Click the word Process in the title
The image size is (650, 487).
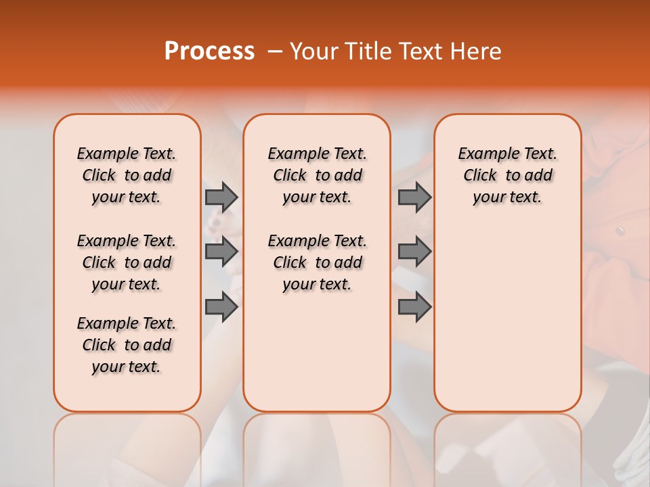point(209,51)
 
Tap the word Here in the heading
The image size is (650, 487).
point(477,51)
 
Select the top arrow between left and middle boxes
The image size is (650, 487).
point(221,198)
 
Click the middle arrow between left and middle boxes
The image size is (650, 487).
point(221,252)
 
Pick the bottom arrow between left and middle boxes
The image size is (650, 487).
point(221,307)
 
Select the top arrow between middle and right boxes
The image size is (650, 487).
point(414,198)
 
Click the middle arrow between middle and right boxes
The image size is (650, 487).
point(414,252)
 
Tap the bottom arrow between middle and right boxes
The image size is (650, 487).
point(414,307)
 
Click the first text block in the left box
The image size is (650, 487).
point(127,175)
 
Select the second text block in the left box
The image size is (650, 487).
point(127,262)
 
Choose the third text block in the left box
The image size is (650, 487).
point(127,345)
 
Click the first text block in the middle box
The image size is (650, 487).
point(317,175)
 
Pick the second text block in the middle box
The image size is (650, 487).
point(317,262)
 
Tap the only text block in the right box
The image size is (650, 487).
point(508,175)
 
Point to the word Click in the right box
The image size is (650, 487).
point(480,176)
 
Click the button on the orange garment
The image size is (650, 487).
point(620,231)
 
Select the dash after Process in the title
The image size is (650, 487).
point(275,51)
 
